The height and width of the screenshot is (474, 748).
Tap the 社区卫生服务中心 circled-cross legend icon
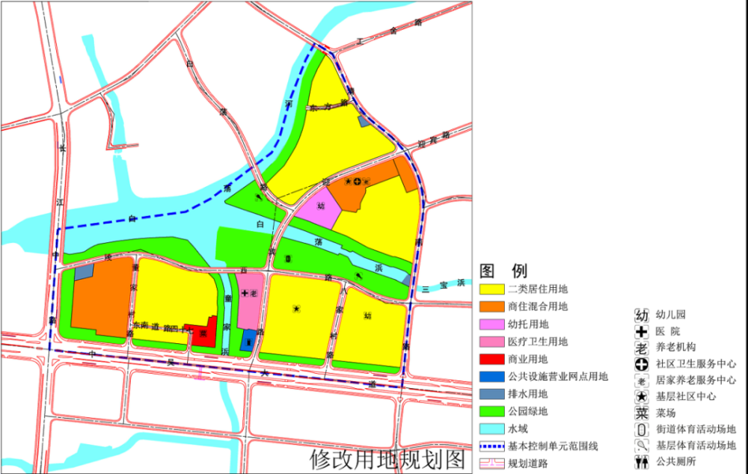coord(641,364)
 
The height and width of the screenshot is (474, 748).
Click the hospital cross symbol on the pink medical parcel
coord(245,295)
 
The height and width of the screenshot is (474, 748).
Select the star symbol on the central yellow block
coord(297,308)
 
